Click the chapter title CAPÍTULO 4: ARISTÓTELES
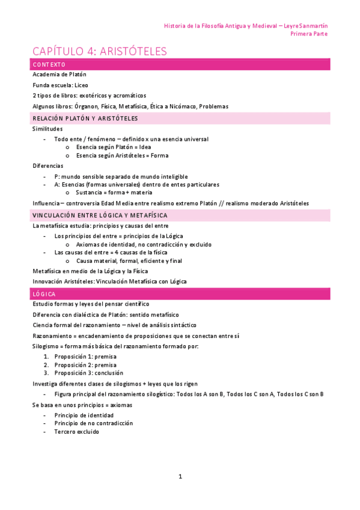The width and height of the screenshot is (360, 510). pos(100,52)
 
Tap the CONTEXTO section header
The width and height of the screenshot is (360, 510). pos(49,64)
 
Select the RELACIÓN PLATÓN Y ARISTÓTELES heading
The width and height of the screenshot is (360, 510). pos(85,118)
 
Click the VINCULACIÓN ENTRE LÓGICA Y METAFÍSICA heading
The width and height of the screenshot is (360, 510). pos(100,215)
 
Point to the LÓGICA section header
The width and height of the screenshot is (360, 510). pos(44,293)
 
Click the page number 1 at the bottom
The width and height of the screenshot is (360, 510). pos(180,476)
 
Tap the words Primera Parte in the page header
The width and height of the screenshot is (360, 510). pos(309,34)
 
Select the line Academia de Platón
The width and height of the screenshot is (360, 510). pos(59,75)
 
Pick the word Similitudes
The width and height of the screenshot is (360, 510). pos(47,129)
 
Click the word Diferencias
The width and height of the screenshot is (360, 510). pos(47,165)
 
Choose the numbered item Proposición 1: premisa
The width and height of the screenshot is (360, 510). pos(85,356)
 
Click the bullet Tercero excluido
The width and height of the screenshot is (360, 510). pos(77,431)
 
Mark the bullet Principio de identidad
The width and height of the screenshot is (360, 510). pos(84,415)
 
